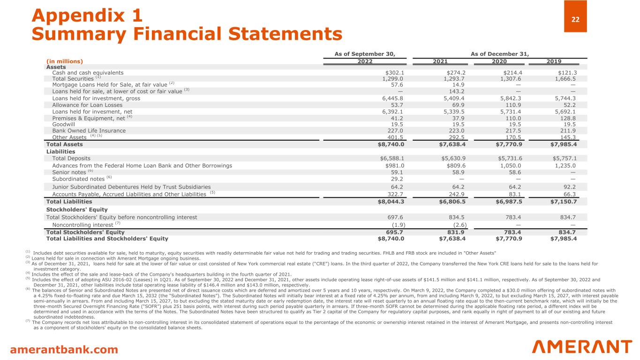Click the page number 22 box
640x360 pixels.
pos(575,16)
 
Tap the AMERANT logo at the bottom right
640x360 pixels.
pos(582,347)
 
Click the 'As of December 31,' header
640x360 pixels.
pos(499,53)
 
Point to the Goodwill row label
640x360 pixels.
pos(63,125)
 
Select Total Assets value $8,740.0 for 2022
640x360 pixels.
pos(392,145)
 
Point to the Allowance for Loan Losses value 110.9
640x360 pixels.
pos(510,105)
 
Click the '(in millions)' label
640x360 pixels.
pos(64,61)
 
